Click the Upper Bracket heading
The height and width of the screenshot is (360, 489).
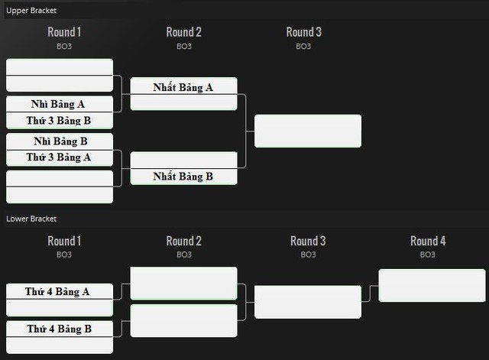[31, 11]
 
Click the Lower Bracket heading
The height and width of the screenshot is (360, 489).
[31, 219]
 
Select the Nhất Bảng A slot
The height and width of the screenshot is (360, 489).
[183, 86]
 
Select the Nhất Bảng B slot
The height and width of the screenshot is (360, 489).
[183, 177]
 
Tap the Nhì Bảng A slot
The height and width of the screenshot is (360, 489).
[60, 104]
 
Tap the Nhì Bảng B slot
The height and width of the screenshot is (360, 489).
[60, 141]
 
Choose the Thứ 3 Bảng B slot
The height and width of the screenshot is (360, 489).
[60, 121]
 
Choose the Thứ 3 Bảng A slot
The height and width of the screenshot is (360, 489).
[60, 158]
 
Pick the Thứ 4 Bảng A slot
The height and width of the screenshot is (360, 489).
[60, 291]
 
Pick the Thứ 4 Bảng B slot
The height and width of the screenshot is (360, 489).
[60, 329]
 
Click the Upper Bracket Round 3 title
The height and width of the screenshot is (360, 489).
[304, 32]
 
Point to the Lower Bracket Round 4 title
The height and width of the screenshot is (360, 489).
[428, 241]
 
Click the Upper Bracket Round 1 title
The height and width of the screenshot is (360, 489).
[64, 32]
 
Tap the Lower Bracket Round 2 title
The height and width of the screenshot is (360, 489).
[183, 241]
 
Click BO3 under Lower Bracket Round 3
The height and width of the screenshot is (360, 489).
[308, 255]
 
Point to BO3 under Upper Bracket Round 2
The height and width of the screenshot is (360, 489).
[184, 46]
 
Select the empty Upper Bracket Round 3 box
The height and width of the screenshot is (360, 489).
[308, 131]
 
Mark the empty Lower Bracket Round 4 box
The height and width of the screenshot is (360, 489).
[432, 285]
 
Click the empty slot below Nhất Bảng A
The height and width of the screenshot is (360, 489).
[183, 102]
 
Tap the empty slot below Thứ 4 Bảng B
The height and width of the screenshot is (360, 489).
[60, 345]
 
